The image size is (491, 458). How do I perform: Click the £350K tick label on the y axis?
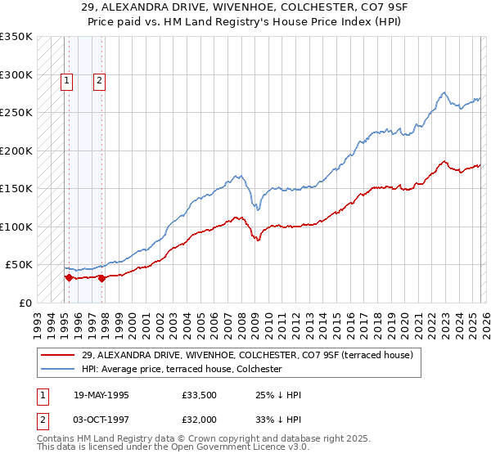pyautogui.click(x=16, y=37)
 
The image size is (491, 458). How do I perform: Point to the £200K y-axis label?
pyautogui.click(x=16, y=150)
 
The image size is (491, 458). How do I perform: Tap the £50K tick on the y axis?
pyautogui.click(x=19, y=265)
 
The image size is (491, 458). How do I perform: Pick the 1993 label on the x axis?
pyautogui.click(x=38, y=319)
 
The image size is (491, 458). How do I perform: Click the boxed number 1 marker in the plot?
pyautogui.click(x=66, y=80)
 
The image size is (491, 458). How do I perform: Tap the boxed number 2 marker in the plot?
pyautogui.click(x=99, y=80)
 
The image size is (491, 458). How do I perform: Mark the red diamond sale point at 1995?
pyautogui.click(x=69, y=277)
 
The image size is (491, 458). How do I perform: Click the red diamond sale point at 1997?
pyautogui.click(x=101, y=278)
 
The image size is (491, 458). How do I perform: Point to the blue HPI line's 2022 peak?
pyautogui.click(x=443, y=93)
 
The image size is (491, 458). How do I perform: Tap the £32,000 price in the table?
pyautogui.click(x=199, y=420)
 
